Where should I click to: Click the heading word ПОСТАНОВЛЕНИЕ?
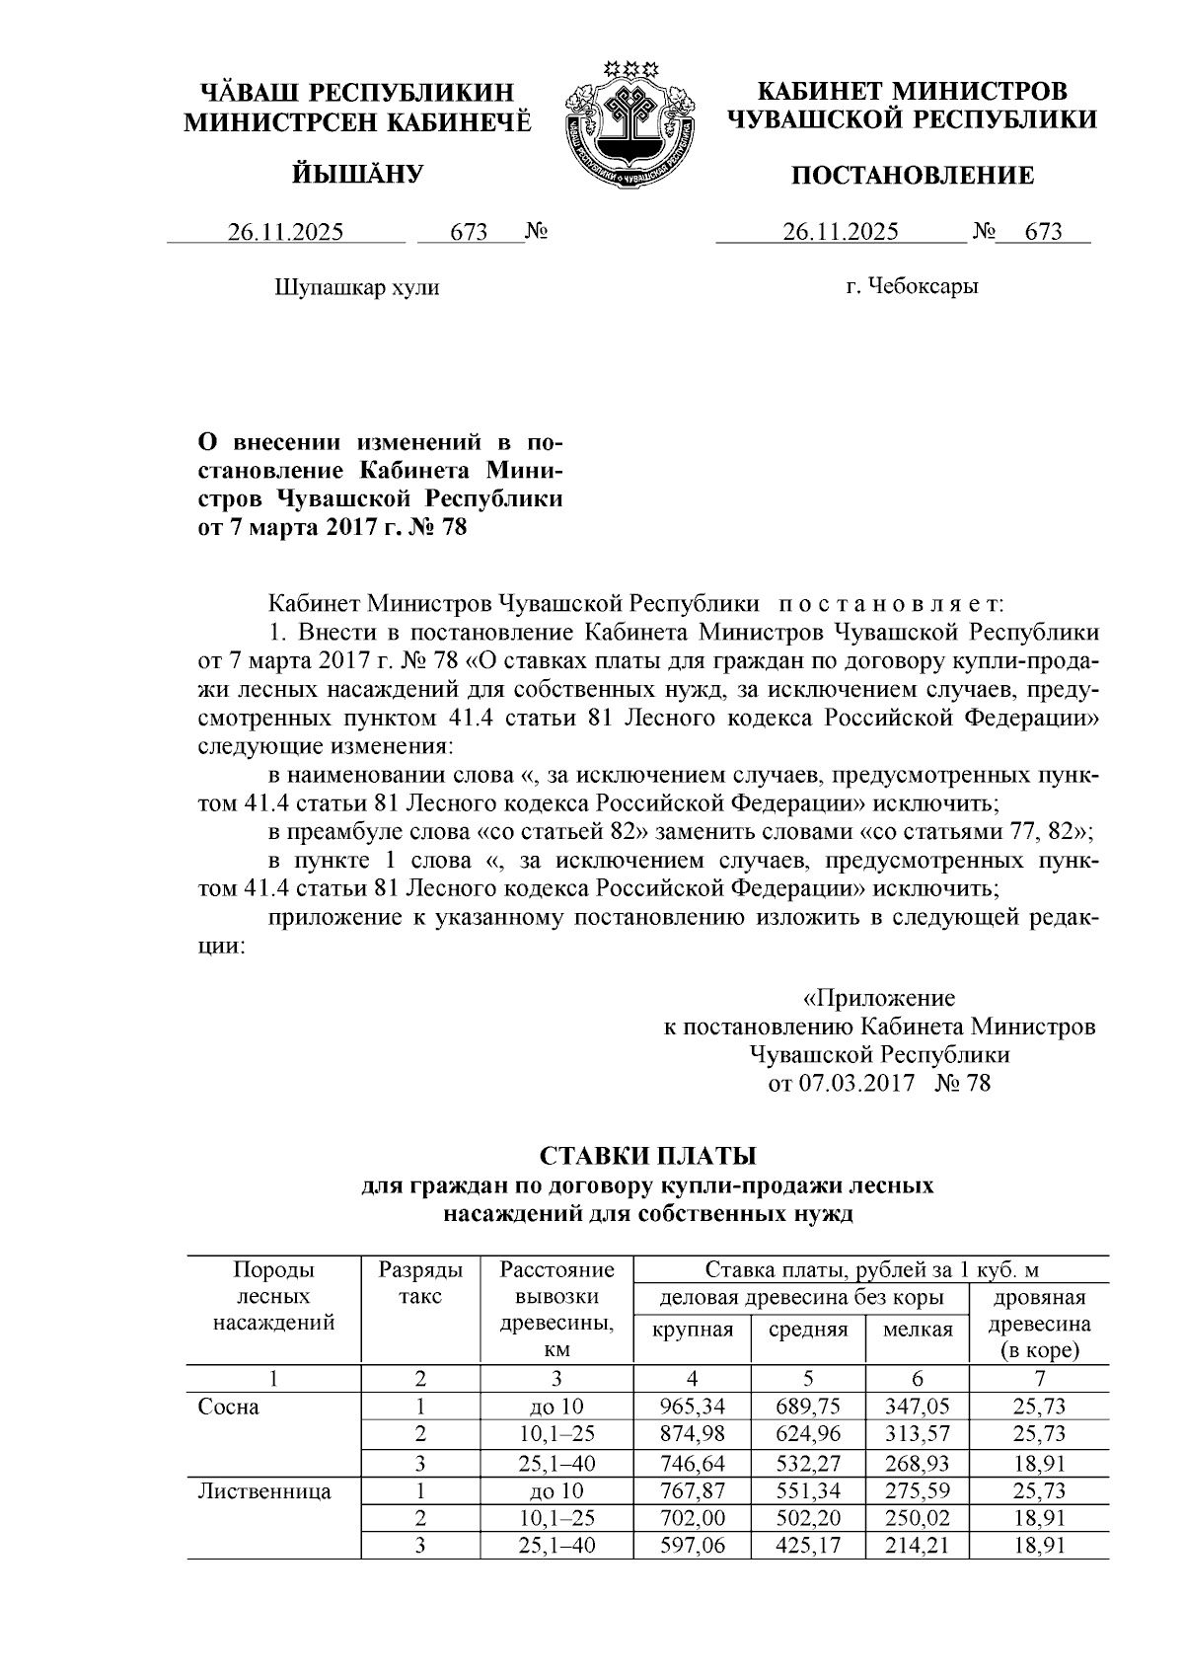914,176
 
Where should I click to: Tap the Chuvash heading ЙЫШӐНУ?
357,175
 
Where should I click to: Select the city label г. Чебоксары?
913,287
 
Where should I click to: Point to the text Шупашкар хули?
356,288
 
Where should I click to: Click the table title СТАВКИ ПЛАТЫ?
646,1155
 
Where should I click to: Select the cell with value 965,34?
693,1407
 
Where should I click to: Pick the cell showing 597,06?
693,1545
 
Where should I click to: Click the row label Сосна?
229,1407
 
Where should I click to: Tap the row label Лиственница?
265,1490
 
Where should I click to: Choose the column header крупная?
693,1330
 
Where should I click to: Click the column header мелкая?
918,1330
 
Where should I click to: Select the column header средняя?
808,1330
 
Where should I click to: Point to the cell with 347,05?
918,1407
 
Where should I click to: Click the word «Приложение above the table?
879,997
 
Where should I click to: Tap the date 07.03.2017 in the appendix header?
854,1084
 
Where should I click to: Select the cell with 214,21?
918,1545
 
